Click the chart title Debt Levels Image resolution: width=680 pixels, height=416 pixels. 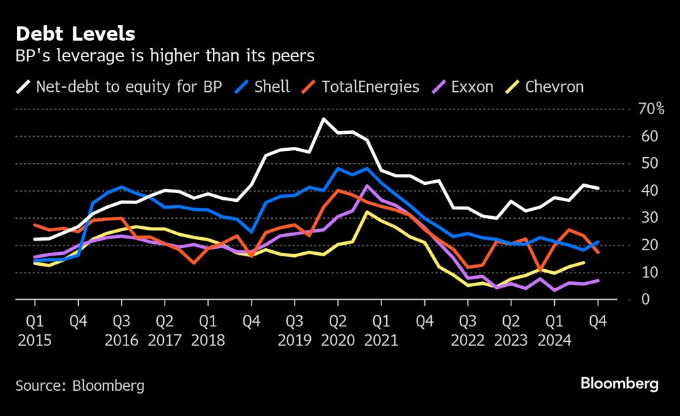click(x=75, y=33)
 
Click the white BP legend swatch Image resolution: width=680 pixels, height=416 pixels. click(x=23, y=87)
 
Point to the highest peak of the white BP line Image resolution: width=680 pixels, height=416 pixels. click(x=323, y=119)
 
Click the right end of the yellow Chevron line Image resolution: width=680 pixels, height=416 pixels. click(x=583, y=262)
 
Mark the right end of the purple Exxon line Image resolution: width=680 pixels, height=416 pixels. click(x=598, y=280)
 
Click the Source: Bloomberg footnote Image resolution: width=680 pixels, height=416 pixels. click(x=80, y=386)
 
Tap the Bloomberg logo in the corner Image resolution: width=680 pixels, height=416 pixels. click(x=619, y=384)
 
